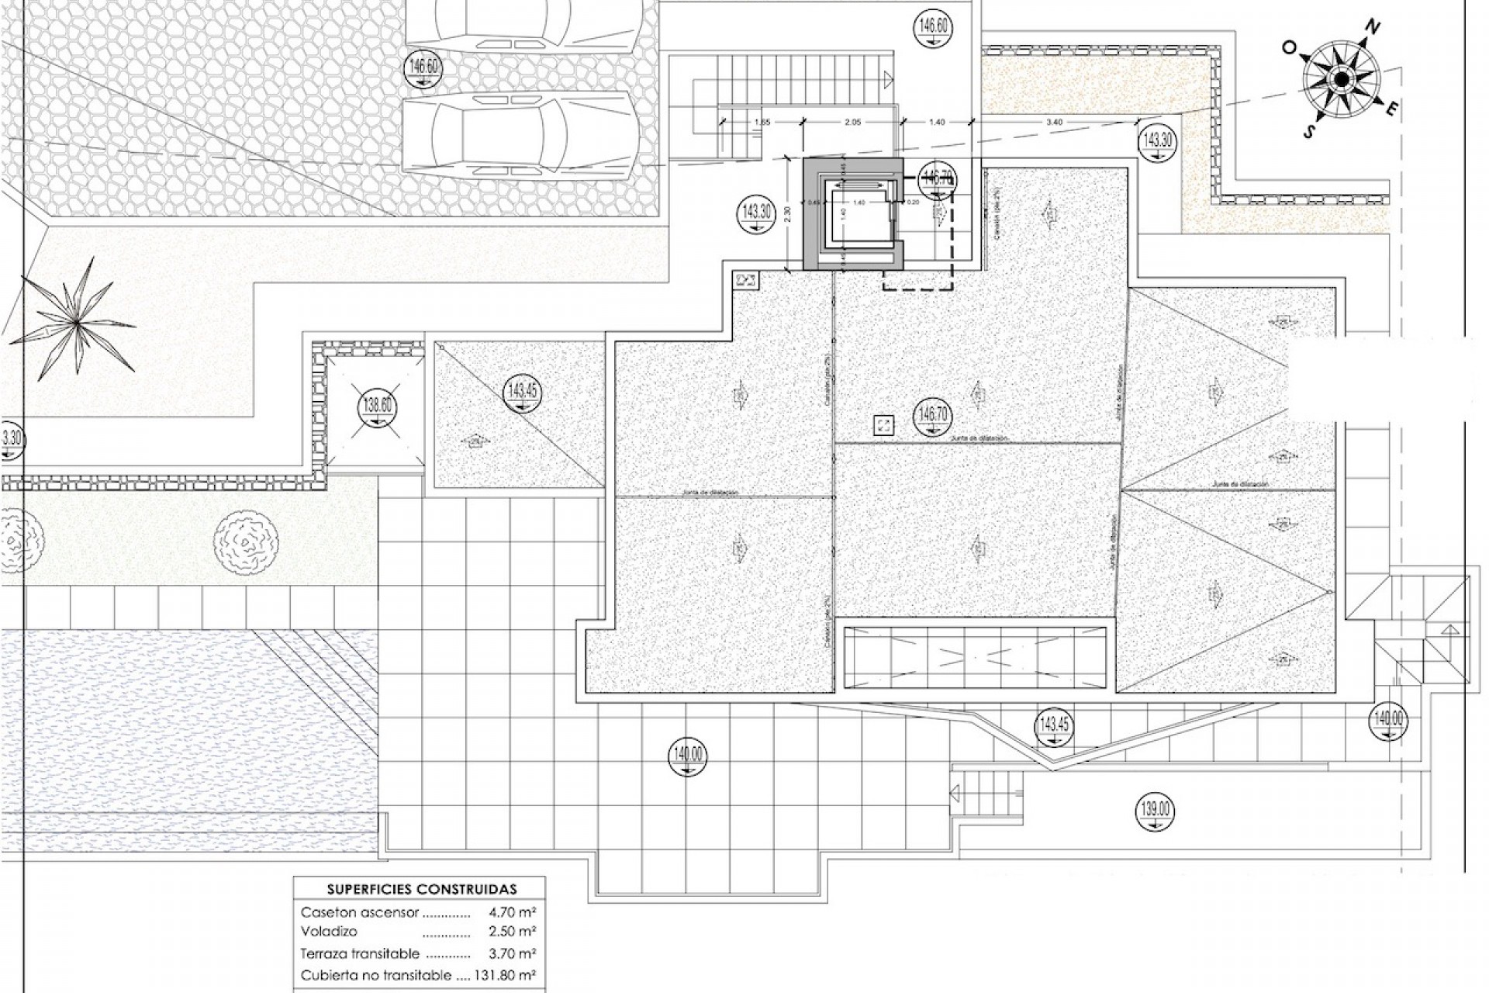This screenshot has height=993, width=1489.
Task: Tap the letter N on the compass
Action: [x=1372, y=28]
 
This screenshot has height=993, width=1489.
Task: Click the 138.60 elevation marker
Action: [x=378, y=406]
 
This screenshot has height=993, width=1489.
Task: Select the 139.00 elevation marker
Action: [x=1156, y=810]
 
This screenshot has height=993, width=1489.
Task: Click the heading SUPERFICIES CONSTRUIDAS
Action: [x=421, y=889]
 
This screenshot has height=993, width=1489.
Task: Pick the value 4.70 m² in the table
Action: [x=513, y=912]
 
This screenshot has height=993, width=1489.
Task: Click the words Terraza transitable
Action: [x=360, y=953]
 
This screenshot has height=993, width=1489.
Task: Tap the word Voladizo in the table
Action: [x=329, y=931]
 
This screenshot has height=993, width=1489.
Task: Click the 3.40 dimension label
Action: [x=1054, y=122]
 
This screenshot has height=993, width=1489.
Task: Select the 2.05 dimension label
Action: [x=852, y=122]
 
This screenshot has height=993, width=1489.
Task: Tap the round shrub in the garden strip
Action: [x=246, y=541]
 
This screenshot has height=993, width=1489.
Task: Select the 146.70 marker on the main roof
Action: [x=934, y=414]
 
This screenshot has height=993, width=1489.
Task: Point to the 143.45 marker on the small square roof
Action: [x=522, y=391]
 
